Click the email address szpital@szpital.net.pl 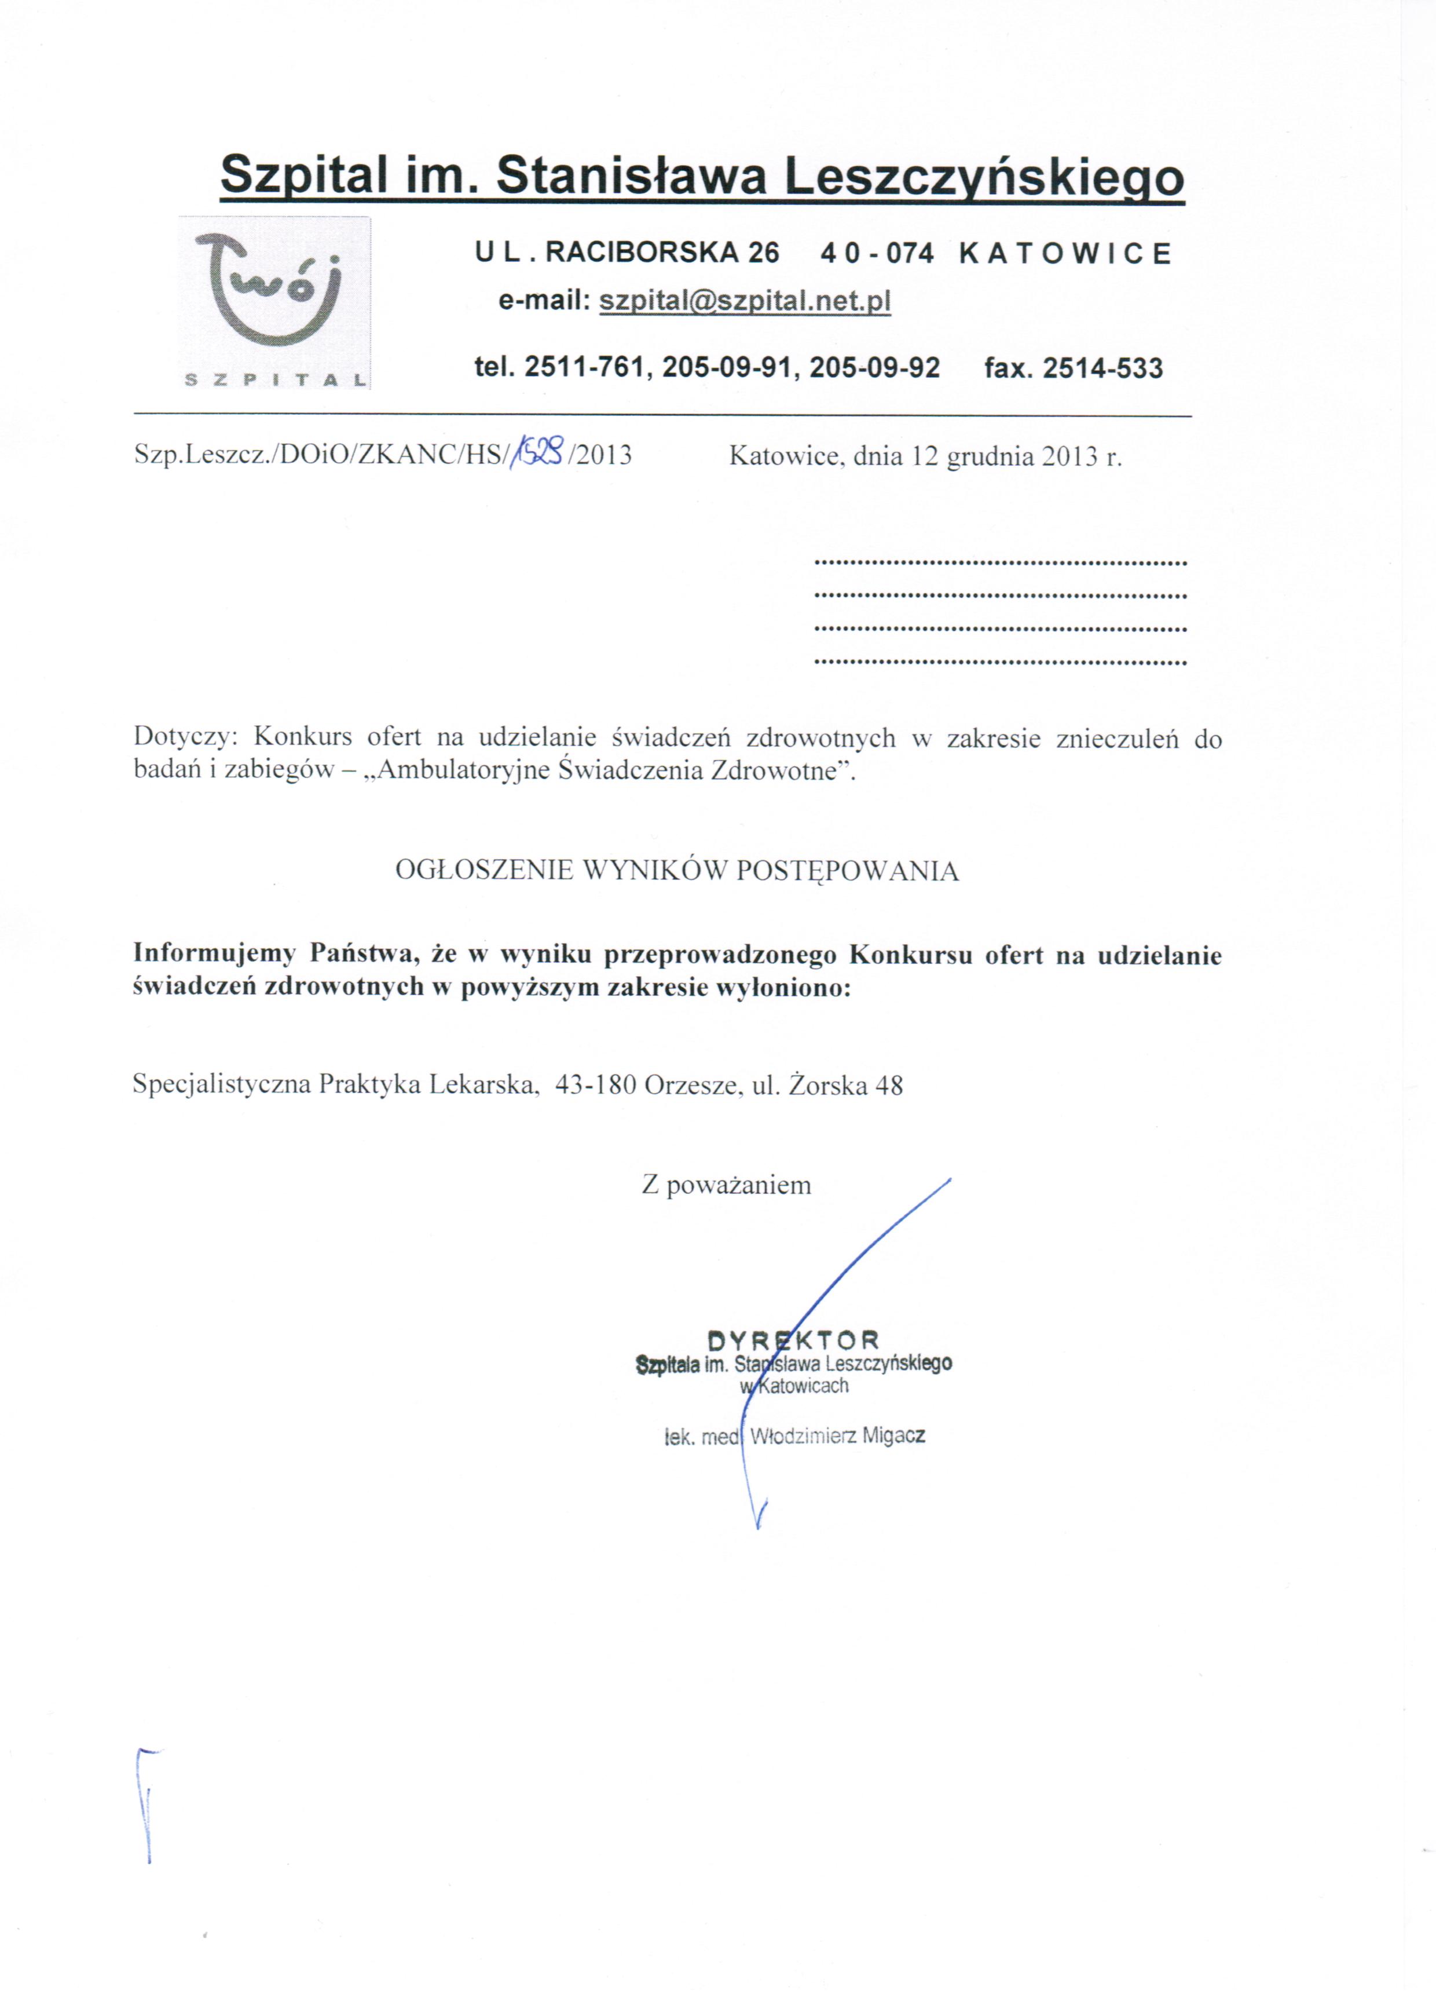[744, 301]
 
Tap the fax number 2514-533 [1102, 368]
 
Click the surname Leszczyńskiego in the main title [984, 177]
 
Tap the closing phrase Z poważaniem [726, 1185]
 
